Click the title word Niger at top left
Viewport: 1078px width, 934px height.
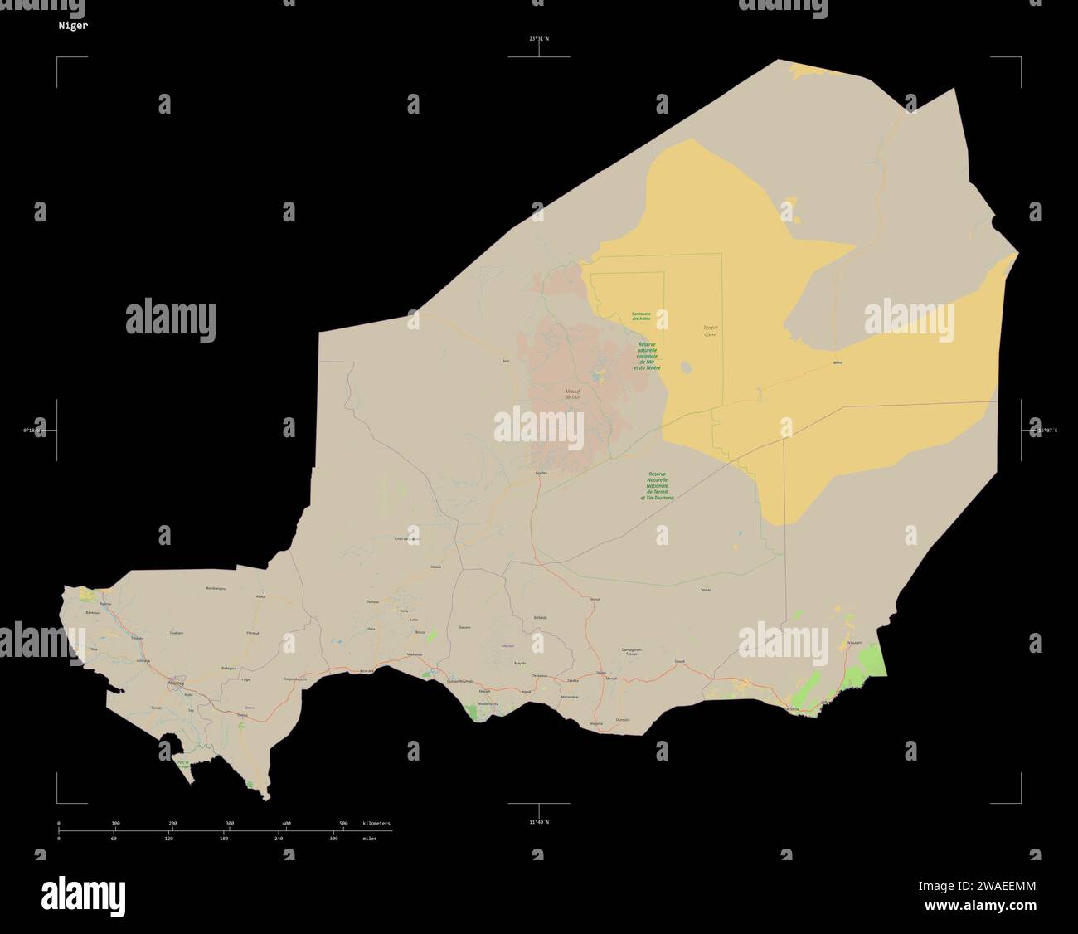(73, 25)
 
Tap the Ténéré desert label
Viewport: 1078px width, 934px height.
(710, 329)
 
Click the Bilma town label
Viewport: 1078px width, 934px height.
(837, 363)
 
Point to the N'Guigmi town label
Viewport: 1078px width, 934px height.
(854, 642)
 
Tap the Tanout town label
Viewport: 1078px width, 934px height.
(594, 598)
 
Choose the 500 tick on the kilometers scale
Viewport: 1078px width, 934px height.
(343, 823)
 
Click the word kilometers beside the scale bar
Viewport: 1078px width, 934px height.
(376, 823)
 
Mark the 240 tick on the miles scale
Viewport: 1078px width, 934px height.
(279, 839)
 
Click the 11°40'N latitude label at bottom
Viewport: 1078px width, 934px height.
(539, 821)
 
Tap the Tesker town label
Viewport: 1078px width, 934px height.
(706, 589)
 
